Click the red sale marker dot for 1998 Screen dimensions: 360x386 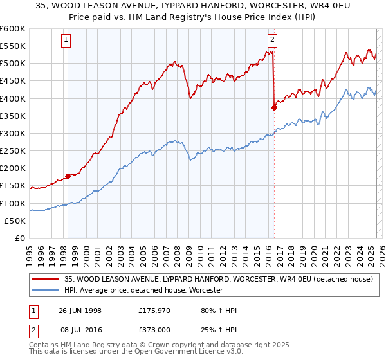tap(68, 176)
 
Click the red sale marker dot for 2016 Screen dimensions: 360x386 tap(274, 107)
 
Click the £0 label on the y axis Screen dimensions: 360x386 tap(19, 238)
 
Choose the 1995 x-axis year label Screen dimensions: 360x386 tap(30, 251)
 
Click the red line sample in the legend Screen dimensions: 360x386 tap(46, 279)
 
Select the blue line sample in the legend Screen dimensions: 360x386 tap(46, 291)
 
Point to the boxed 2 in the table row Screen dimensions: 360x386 tap(33, 329)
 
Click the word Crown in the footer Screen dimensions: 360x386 tap(156, 345)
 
